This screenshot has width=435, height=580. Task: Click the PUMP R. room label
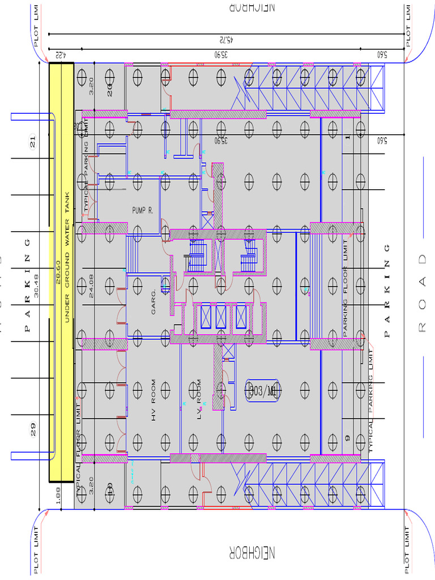click(x=143, y=210)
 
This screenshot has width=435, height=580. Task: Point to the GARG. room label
click(x=153, y=304)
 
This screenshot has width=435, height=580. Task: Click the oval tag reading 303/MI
click(x=263, y=390)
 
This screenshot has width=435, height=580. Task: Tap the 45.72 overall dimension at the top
click(x=225, y=40)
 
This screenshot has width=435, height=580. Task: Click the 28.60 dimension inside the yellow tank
click(x=58, y=270)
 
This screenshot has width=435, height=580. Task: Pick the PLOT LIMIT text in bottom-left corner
click(x=37, y=550)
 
